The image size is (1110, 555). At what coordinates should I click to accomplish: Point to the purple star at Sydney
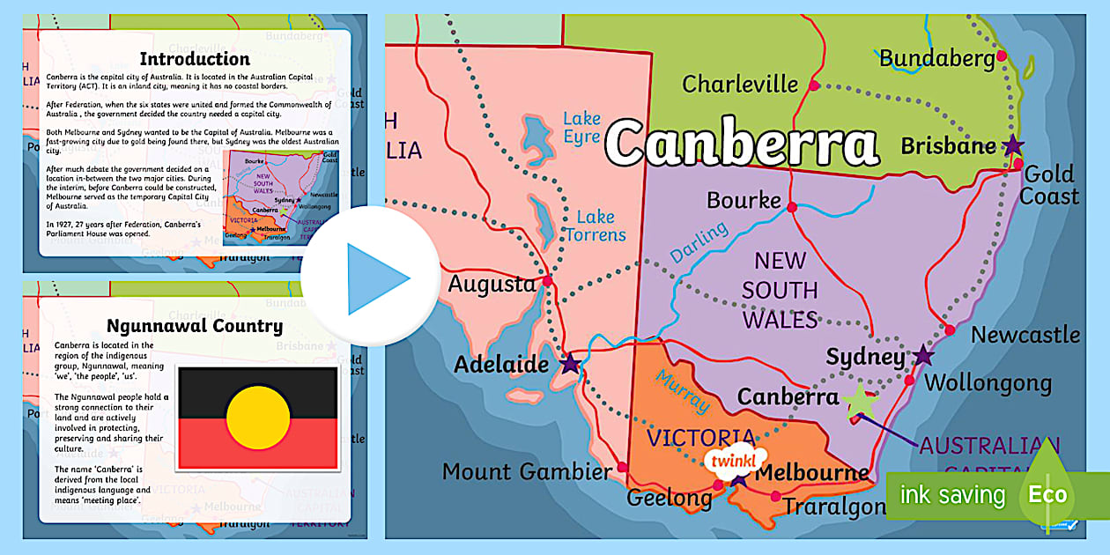click(922, 356)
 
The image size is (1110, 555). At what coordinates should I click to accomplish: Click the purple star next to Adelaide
click(571, 362)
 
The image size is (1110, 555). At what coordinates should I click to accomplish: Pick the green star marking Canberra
click(860, 402)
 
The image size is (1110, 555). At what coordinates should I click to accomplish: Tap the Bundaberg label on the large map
click(937, 58)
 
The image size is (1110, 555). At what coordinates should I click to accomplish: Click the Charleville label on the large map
click(740, 85)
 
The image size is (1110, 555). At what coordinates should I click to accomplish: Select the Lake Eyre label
click(581, 128)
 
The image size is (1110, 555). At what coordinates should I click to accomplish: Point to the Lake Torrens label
click(596, 226)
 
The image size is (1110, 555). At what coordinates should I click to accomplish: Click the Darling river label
click(699, 241)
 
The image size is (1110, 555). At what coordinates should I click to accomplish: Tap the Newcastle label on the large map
click(1025, 335)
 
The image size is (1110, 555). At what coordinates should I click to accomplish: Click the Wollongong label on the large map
click(987, 383)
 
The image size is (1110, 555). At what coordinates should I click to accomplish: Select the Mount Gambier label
click(527, 471)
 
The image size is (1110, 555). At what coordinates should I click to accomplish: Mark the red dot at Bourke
click(792, 208)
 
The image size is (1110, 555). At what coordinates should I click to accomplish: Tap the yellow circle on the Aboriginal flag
click(258, 418)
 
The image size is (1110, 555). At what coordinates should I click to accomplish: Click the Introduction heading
click(195, 59)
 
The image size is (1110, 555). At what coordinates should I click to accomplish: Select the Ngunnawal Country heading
click(195, 326)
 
